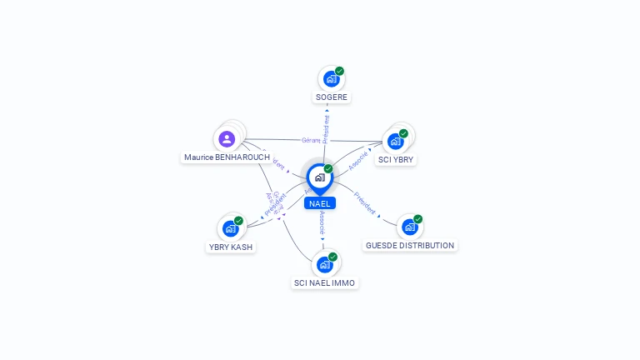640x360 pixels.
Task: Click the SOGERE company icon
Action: click(331, 79)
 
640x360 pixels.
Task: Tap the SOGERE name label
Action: click(331, 97)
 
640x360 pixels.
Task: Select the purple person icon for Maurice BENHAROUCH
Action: click(227, 138)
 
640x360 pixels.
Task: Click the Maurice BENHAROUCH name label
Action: click(227, 157)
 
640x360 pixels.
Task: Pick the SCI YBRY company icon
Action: click(395, 141)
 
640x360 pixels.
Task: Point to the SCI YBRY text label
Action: click(395, 159)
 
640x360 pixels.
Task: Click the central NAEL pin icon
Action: click(319, 177)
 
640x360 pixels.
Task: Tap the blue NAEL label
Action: click(320, 203)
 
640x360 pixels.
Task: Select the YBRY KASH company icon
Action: click(230, 228)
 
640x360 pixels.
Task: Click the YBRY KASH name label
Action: click(230, 247)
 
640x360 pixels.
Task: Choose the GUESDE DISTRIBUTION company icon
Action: click(409, 227)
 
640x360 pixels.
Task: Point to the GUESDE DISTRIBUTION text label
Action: click(410, 246)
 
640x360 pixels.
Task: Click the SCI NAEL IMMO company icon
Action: click(324, 264)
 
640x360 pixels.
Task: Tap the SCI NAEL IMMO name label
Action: click(324, 283)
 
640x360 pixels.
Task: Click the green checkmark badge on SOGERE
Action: click(339, 71)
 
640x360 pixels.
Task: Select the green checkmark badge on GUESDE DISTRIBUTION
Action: click(417, 219)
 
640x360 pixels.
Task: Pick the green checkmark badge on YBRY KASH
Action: click(238, 221)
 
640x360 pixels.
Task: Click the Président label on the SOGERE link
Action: click(326, 130)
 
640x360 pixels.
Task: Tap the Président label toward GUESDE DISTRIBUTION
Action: click(365, 203)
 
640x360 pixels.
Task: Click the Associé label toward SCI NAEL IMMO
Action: click(322, 221)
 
